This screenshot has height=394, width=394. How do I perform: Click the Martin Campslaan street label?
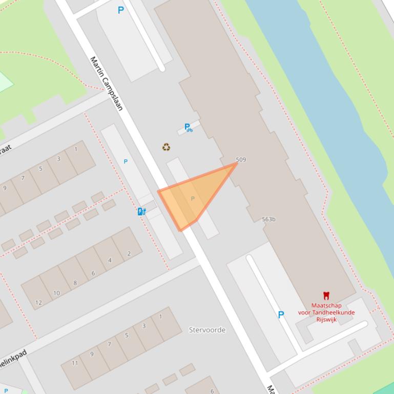[107, 83]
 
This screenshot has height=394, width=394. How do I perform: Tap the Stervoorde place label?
[207, 330]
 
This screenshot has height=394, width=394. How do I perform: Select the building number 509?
[241, 160]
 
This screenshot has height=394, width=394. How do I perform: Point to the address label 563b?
[268, 220]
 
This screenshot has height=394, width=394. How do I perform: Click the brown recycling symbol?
[166, 147]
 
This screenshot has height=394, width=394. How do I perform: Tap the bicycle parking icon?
[188, 127]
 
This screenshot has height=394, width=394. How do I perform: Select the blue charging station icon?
[141, 211]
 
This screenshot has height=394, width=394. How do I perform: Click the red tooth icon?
[326, 295]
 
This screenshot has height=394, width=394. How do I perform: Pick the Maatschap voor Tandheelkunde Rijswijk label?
[326, 313]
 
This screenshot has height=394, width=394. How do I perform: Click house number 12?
[38, 302]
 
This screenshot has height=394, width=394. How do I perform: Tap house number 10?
[56, 293]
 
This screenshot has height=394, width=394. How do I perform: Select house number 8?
[75, 283]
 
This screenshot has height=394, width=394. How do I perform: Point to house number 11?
[75, 363]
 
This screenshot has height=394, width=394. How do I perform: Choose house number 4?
[110, 260]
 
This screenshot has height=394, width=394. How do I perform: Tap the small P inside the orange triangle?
[193, 199]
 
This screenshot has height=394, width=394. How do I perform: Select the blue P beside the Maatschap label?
[281, 315]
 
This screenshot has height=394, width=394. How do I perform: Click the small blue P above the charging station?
[126, 162]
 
